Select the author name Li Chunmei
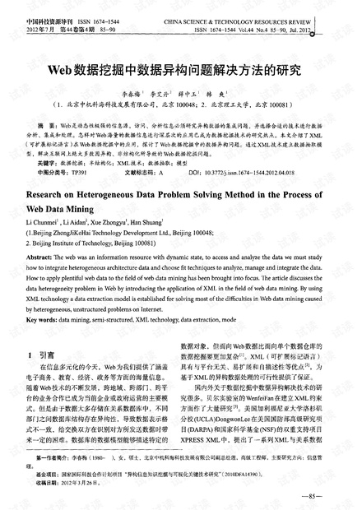tap(42, 223)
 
